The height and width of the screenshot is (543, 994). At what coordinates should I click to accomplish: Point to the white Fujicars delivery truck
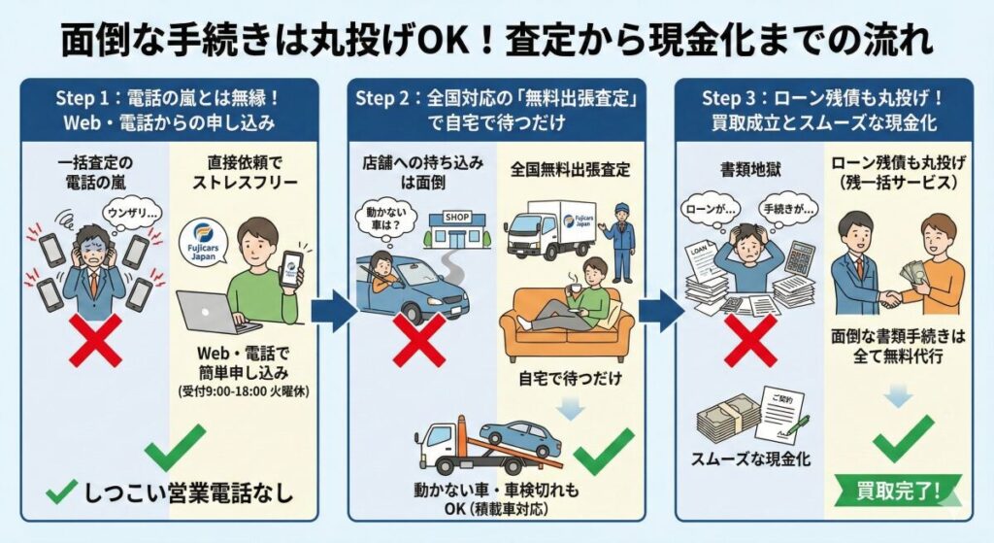pyautogui.click(x=547, y=229)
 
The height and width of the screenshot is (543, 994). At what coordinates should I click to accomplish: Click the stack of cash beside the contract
pyautogui.click(x=728, y=417)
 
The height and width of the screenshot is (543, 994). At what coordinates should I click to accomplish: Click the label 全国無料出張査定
pyautogui.click(x=571, y=169)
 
